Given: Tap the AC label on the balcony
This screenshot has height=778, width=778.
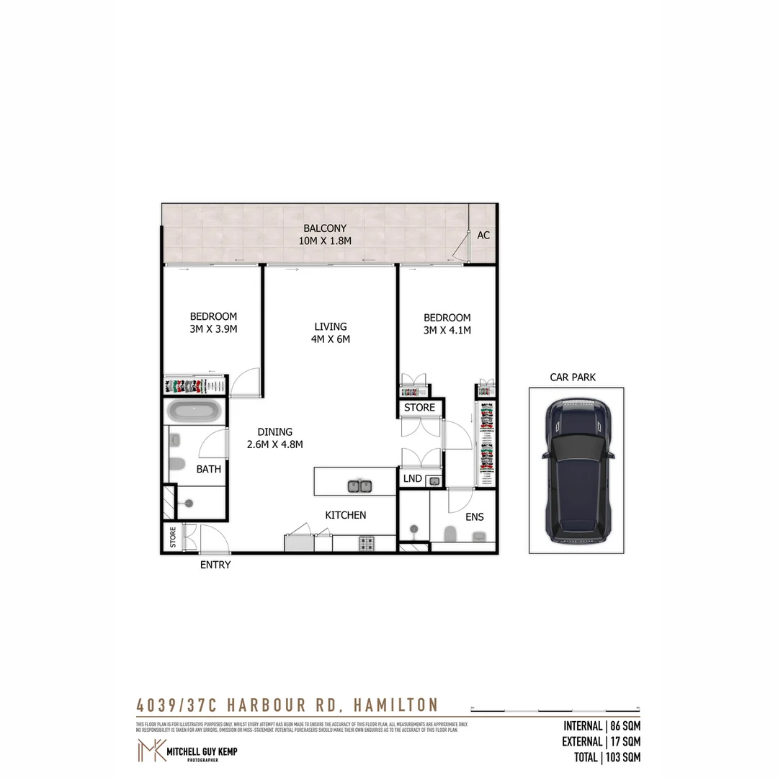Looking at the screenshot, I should [483, 236].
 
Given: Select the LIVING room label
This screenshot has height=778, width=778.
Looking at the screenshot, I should [330, 326].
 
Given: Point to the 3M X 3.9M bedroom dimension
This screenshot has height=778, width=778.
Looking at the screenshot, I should [213, 329].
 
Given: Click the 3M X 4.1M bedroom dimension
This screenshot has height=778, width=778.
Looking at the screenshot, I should [447, 331].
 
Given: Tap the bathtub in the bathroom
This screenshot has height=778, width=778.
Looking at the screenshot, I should [194, 412].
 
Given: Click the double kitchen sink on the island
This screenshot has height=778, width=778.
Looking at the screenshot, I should [359, 486].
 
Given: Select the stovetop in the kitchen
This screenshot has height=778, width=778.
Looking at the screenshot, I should [367, 543].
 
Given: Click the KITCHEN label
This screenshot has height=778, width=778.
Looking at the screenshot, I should [346, 515].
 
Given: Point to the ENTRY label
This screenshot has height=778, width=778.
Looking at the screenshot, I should [215, 565].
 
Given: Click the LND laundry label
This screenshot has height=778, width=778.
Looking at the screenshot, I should [413, 478].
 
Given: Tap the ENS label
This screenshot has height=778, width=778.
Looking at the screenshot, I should [474, 517].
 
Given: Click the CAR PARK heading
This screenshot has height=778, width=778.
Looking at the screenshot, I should [573, 377].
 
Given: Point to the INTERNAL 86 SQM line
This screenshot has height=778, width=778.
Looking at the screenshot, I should [601, 725].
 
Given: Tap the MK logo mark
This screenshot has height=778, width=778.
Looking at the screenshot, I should [150, 751].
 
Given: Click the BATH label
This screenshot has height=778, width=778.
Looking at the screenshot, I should [209, 469].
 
